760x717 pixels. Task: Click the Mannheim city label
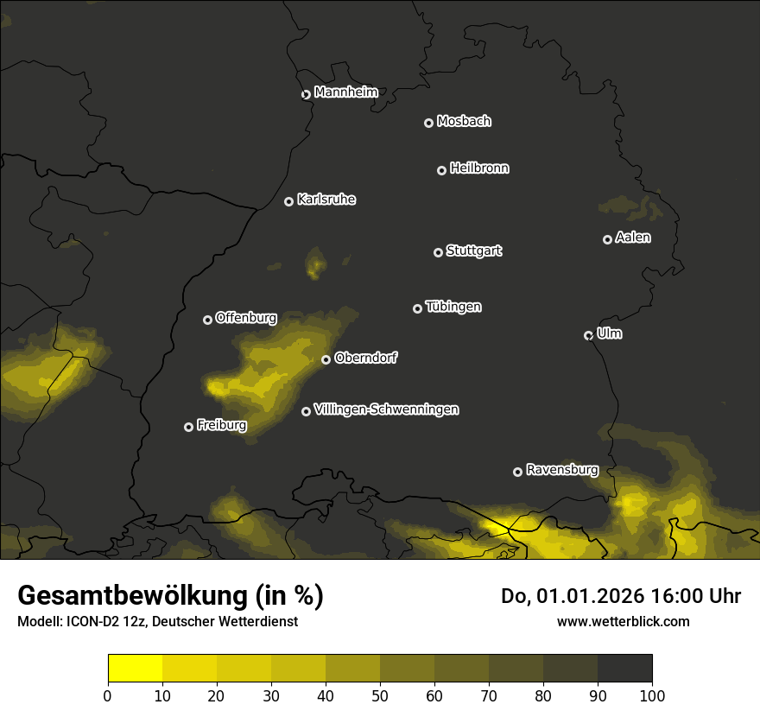tap(345, 92)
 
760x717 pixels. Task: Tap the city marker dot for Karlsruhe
tap(288, 201)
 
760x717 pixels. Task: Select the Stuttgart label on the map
tap(473, 251)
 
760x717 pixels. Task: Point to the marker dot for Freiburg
tap(188, 427)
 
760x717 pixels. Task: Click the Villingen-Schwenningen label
tap(386, 409)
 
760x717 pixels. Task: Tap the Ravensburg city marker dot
tap(517, 472)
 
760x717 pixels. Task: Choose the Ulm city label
tap(609, 333)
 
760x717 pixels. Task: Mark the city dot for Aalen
tap(607, 239)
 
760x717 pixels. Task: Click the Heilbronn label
tap(479, 168)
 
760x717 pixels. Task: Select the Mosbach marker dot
tap(428, 124)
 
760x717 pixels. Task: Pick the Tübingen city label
tap(453, 307)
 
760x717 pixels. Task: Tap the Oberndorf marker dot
tap(326, 359)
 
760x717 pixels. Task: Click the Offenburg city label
tap(246, 318)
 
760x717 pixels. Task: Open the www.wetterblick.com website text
tap(623, 621)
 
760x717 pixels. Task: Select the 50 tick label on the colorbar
tap(380, 696)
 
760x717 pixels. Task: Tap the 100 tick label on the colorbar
tap(651, 696)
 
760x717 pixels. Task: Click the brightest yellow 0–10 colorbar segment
tap(135, 669)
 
